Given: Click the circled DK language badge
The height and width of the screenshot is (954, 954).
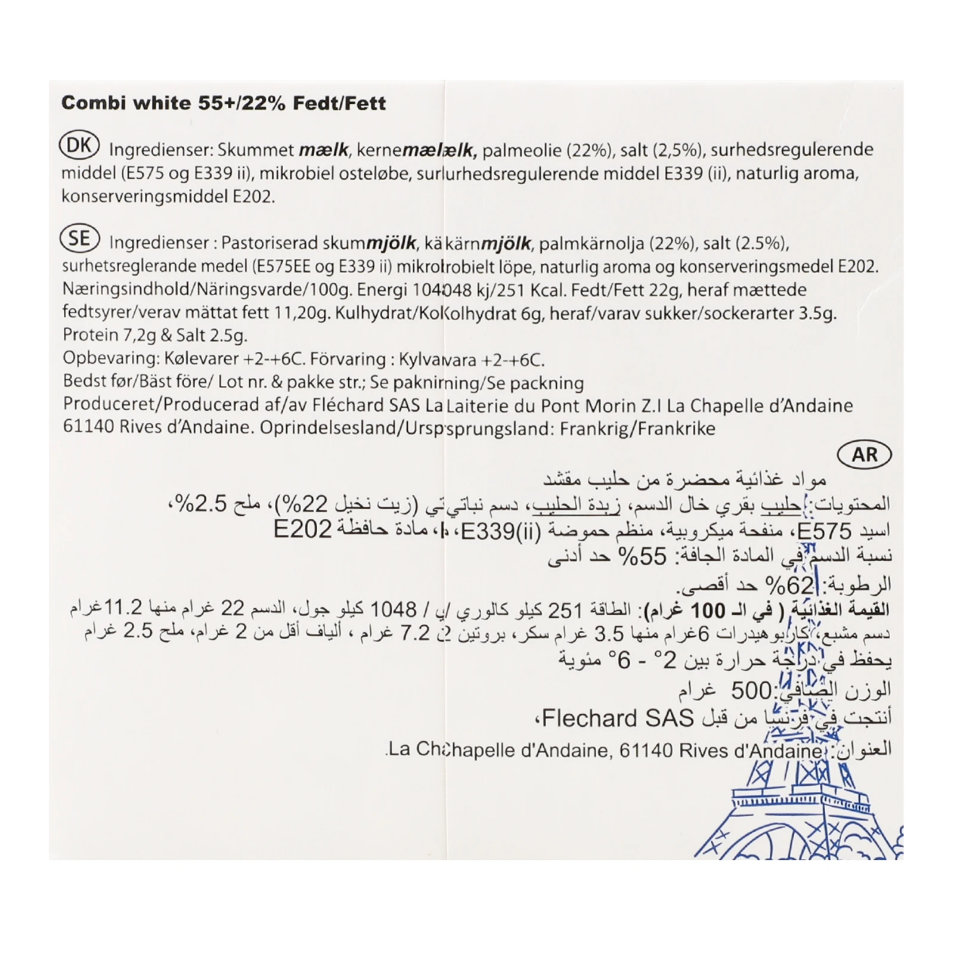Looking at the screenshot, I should point(79,146).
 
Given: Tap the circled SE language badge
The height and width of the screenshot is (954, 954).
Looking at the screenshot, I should point(79,239).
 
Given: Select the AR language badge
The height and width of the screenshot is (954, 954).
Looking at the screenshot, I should point(864,455).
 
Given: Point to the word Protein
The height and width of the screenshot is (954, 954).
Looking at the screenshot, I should point(91,335).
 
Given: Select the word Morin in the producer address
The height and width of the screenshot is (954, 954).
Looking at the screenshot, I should point(626,406).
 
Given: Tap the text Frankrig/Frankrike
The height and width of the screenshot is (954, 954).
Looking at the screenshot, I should point(637,429).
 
